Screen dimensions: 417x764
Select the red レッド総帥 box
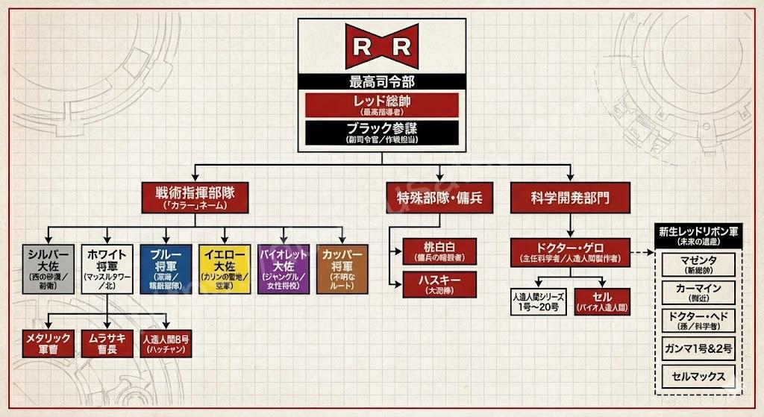click(381, 104)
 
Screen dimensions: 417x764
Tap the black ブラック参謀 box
click(381, 132)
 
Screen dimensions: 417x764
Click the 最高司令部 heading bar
click(381, 81)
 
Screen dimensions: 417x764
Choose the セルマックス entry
click(697, 376)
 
